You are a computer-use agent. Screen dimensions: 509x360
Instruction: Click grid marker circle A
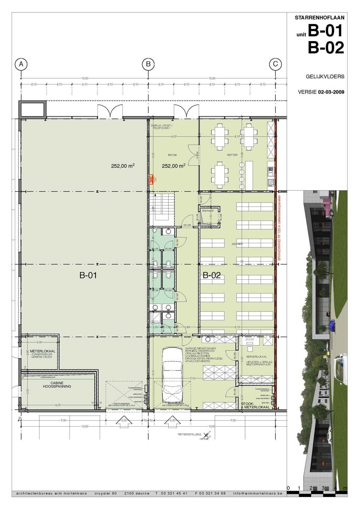(x=21, y=64)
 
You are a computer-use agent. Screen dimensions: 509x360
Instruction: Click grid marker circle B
(x=148, y=64)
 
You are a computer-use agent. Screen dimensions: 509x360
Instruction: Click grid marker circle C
(x=275, y=64)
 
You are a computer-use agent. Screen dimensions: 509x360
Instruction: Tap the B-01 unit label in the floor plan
(x=88, y=276)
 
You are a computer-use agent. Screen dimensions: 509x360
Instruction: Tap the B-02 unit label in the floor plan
(x=211, y=276)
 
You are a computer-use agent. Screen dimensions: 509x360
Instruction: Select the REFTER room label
(x=232, y=155)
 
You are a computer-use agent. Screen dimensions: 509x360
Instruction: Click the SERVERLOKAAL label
(x=256, y=357)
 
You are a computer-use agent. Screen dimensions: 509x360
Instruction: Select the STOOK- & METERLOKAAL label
(x=255, y=405)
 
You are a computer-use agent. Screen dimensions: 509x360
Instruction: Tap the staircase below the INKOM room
(x=162, y=209)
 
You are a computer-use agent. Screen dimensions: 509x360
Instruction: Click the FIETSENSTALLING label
(x=189, y=434)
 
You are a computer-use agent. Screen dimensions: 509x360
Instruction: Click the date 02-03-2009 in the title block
(x=331, y=92)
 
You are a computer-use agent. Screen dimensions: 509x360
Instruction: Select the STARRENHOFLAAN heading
(x=319, y=17)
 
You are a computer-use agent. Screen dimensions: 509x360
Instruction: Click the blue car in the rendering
(x=331, y=323)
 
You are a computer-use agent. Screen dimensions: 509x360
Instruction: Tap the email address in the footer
(x=257, y=493)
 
